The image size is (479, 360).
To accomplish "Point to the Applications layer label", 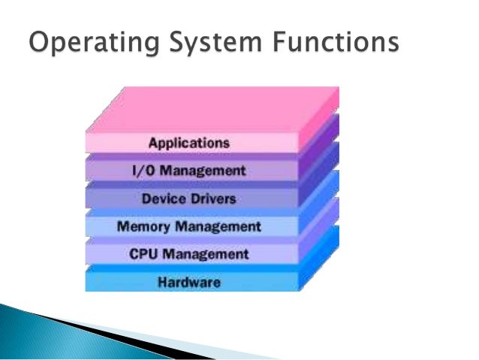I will (188, 142).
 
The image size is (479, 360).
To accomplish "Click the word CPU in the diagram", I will (142, 254).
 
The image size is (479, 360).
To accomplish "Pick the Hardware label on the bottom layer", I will (188, 283).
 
